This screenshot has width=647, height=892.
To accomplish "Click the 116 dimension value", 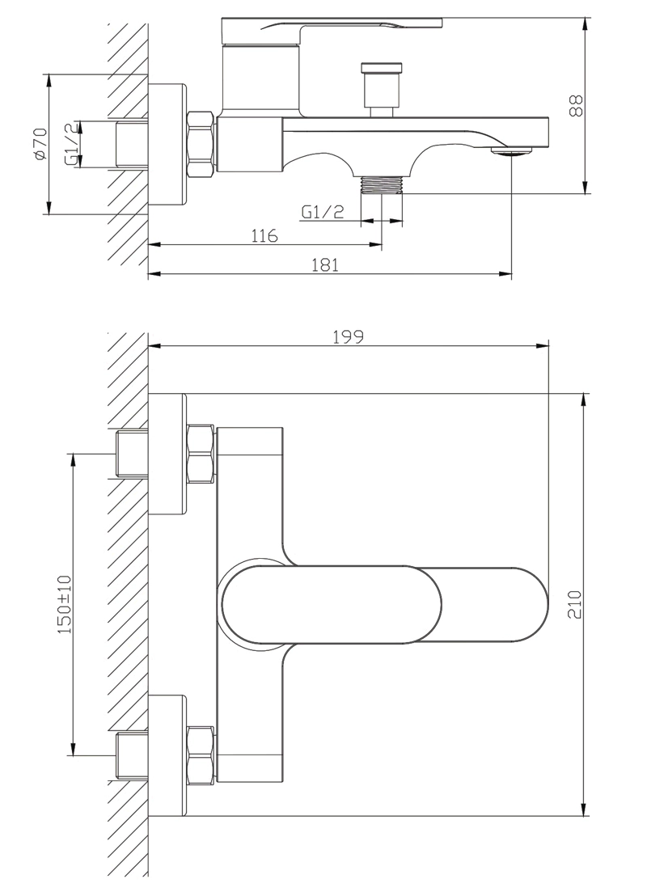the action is pyautogui.click(x=264, y=235).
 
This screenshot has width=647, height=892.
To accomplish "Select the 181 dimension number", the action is pyautogui.click(x=325, y=265).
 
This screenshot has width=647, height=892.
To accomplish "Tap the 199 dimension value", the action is pyautogui.click(x=349, y=336).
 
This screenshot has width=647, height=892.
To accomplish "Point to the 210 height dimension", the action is pyautogui.click(x=575, y=605).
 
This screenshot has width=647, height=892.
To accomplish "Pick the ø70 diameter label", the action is pyautogui.click(x=40, y=143).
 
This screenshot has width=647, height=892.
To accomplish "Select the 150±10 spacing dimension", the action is pyautogui.click(x=65, y=604).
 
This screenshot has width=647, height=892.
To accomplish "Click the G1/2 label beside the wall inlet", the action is pyautogui.click(x=71, y=144).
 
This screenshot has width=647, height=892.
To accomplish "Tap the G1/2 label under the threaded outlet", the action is pyautogui.click(x=323, y=212).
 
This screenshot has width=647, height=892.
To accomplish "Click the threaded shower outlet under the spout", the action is pyautogui.click(x=382, y=184).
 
